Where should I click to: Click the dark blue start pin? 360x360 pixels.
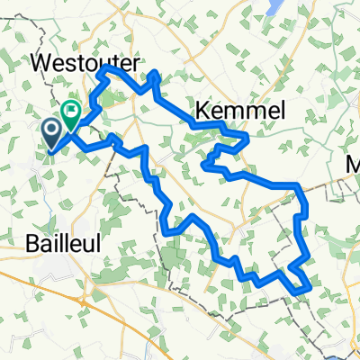tap(51, 135)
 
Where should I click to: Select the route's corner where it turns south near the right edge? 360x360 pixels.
tap(296, 185)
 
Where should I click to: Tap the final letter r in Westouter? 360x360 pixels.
tap(132, 62)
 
